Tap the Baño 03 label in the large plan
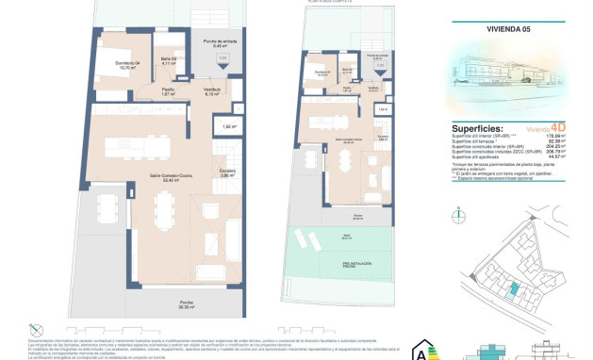click(x=164, y=62)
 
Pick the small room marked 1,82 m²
click(x=228, y=125)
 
